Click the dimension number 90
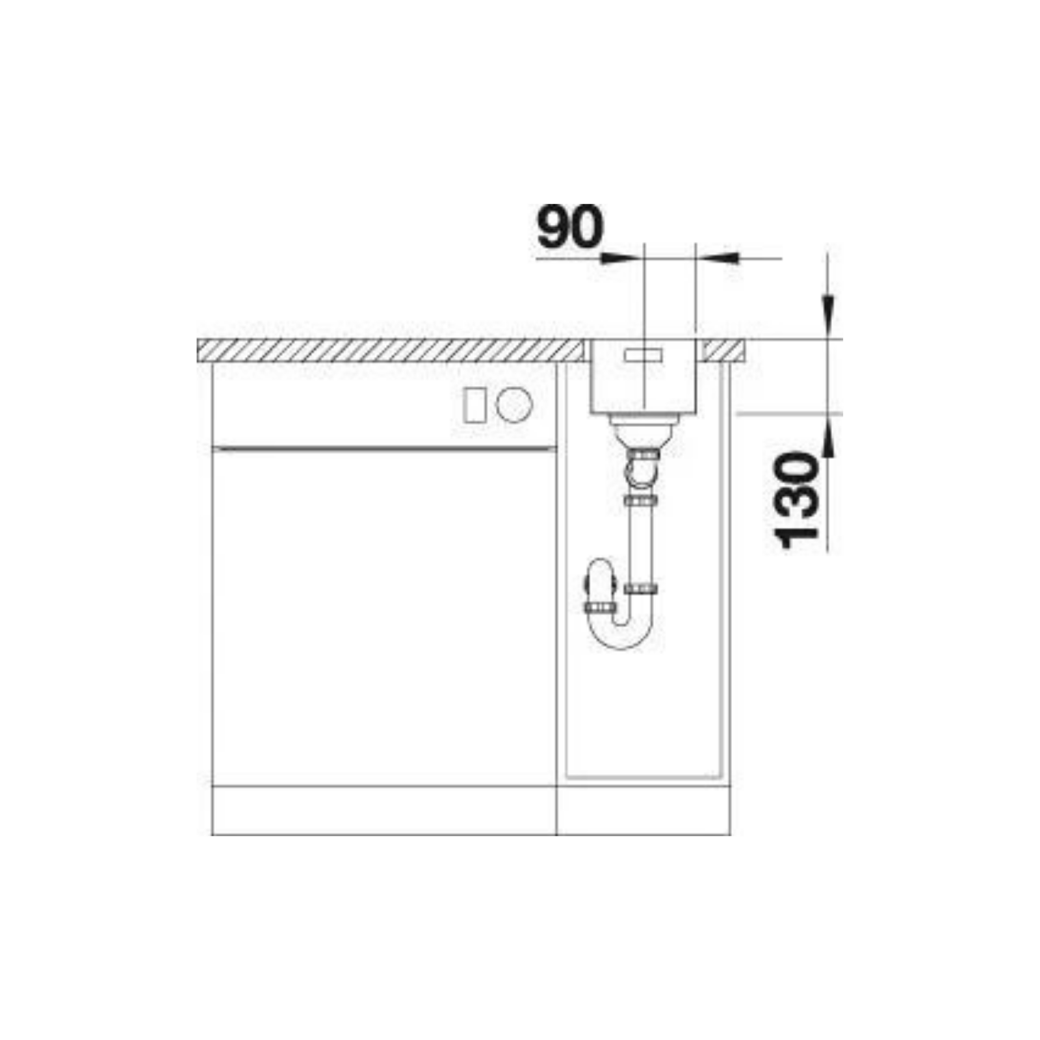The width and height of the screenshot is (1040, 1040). click(x=570, y=227)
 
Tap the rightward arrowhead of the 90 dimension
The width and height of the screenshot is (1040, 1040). click(x=617, y=258)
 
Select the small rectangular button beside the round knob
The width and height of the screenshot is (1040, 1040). click(x=473, y=406)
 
